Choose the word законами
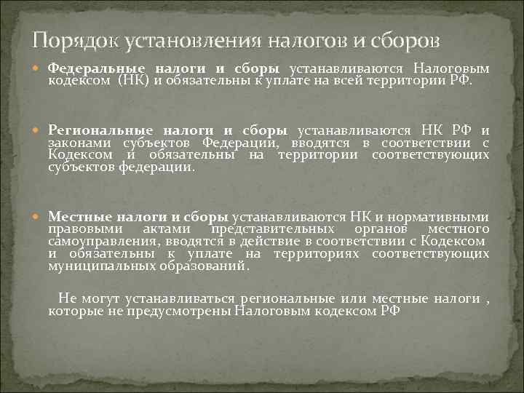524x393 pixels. click(x=76, y=143)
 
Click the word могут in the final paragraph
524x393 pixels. click(x=98, y=298)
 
